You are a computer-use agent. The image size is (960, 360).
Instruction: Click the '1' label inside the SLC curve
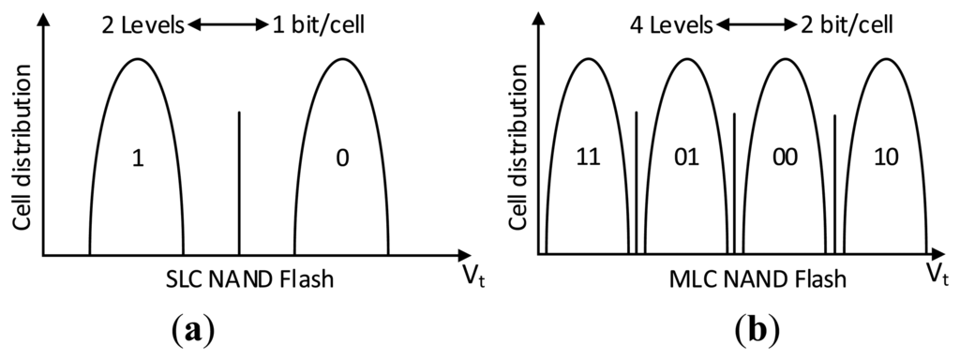click(x=138, y=159)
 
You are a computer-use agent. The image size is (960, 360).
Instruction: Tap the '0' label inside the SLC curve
click(x=342, y=159)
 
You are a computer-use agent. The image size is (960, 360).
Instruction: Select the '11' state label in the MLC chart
click(x=589, y=157)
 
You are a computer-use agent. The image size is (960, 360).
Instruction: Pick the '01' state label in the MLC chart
click(x=686, y=157)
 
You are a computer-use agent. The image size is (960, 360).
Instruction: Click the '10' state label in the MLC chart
click(x=886, y=157)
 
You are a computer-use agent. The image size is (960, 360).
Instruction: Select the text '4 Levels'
click(x=671, y=25)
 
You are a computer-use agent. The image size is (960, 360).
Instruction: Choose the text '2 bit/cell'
click(x=846, y=25)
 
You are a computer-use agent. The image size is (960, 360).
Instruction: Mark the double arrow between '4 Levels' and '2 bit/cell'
click(x=757, y=25)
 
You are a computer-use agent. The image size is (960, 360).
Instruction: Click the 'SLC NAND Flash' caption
click(x=250, y=279)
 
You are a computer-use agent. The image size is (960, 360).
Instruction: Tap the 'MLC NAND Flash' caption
click(x=757, y=279)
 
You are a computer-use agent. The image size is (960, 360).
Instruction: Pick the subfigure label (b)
click(x=757, y=331)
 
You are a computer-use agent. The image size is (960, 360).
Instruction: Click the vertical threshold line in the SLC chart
click(x=239, y=183)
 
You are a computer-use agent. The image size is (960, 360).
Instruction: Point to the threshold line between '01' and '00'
click(x=734, y=183)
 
